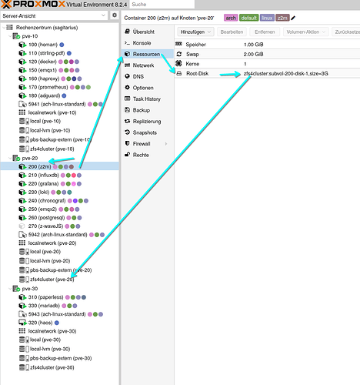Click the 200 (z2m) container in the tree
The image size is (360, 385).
[x=39, y=166]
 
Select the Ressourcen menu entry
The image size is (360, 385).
[x=146, y=54]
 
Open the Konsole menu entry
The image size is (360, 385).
[x=142, y=43]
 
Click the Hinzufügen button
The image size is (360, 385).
[x=195, y=32]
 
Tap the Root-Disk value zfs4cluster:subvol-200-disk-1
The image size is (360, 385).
[x=285, y=73]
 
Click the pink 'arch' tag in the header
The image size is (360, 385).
[x=231, y=18]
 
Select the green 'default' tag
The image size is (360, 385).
[x=249, y=18]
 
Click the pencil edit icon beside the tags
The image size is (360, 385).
[x=293, y=18]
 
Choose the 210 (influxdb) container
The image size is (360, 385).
[x=43, y=175]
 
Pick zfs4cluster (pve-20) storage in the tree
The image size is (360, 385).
[x=52, y=280]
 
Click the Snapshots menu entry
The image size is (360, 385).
[x=145, y=132]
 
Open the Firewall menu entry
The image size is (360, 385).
[x=142, y=144]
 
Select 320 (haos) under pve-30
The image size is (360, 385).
[x=40, y=323]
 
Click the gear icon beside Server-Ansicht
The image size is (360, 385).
[x=115, y=15]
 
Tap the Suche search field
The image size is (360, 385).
[x=162, y=5]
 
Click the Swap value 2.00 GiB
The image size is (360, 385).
[x=253, y=54]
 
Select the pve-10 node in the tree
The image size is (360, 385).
[x=30, y=36]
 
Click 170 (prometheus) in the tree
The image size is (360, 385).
[x=48, y=87]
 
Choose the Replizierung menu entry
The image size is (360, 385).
[x=147, y=121]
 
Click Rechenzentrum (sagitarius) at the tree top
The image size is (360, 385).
[x=47, y=28]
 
